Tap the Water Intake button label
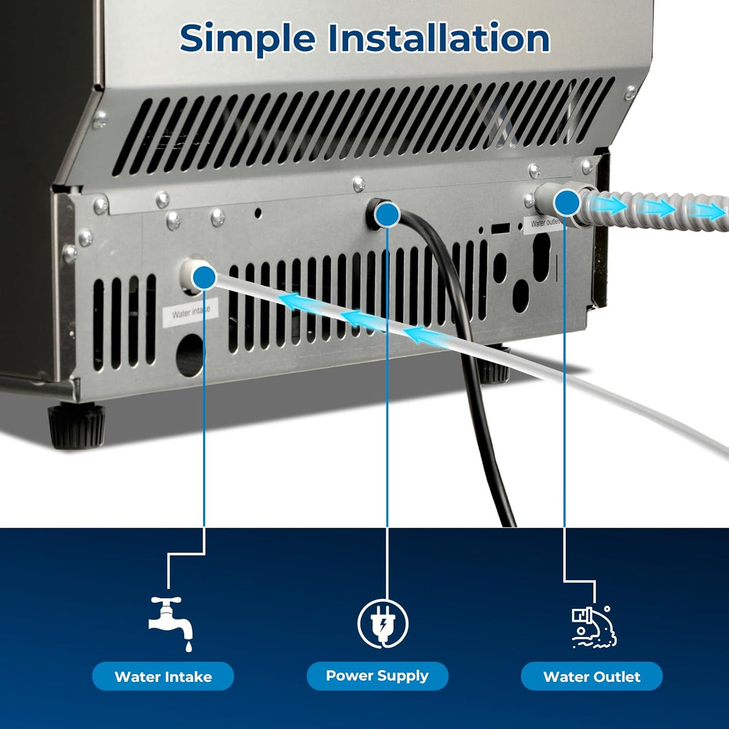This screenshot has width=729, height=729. pyautogui.click(x=163, y=676)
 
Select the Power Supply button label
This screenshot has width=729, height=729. pyautogui.click(x=377, y=676)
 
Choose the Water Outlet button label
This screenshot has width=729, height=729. pyautogui.click(x=591, y=676)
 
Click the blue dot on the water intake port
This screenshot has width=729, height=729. pyautogui.click(x=203, y=277)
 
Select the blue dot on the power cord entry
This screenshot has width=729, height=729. pyautogui.click(x=387, y=215)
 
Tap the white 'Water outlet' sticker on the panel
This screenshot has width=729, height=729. pyautogui.click(x=545, y=224)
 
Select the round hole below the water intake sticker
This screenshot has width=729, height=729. pyautogui.click(x=190, y=354)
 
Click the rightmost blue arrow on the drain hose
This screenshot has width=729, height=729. pyautogui.click(x=709, y=210)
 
